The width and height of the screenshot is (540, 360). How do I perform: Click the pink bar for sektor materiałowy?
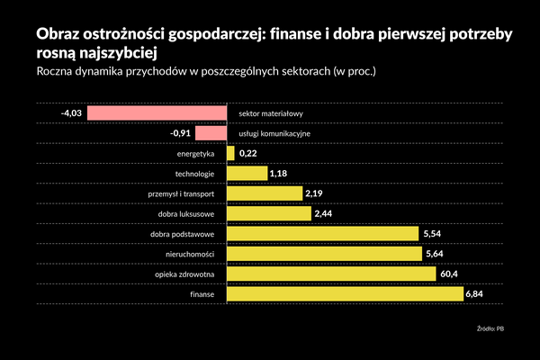[x=156, y=113]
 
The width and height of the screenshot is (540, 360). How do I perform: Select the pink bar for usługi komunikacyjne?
[x=211, y=133]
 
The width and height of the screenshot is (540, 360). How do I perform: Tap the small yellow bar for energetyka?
[x=230, y=154]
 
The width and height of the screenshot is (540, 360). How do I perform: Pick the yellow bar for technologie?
[x=247, y=173]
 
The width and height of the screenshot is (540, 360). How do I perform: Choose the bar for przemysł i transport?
[x=265, y=193]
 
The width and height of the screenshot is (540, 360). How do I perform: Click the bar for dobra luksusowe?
[x=268, y=213]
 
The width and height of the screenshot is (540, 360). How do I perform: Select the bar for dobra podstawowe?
[x=322, y=234]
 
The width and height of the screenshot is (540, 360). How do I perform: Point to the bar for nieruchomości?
[x=324, y=254]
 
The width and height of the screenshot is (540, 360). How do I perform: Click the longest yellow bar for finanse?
[x=345, y=293]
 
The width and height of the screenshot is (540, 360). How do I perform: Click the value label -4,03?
[x=71, y=113]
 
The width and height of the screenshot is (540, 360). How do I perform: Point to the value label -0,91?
[x=180, y=133]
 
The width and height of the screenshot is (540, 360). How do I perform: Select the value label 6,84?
[x=476, y=293]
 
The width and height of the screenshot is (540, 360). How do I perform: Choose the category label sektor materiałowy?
[x=271, y=114]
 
